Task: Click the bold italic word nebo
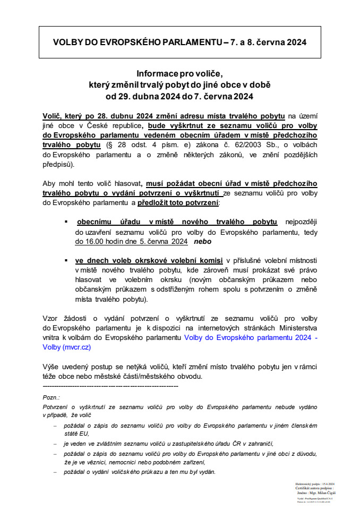(202, 241)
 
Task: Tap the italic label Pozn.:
(51, 397)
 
